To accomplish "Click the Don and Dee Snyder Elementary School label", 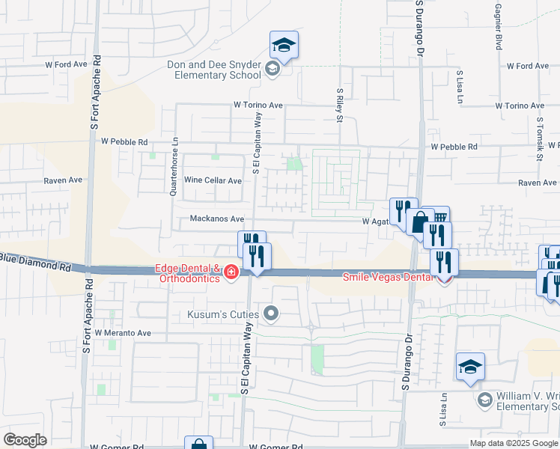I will pos(213,70).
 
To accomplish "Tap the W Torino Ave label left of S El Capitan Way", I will pos(258,106).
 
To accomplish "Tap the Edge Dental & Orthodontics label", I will pos(188,274).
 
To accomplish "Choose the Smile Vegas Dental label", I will pos(388,277).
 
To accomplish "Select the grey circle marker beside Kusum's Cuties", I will pos(271,314).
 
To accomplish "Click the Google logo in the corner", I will pos(25,440).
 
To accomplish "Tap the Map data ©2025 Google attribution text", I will pos(514,443).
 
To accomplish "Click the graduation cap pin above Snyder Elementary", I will pos(284,46).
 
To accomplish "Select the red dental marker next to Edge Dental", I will pos(231,272).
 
